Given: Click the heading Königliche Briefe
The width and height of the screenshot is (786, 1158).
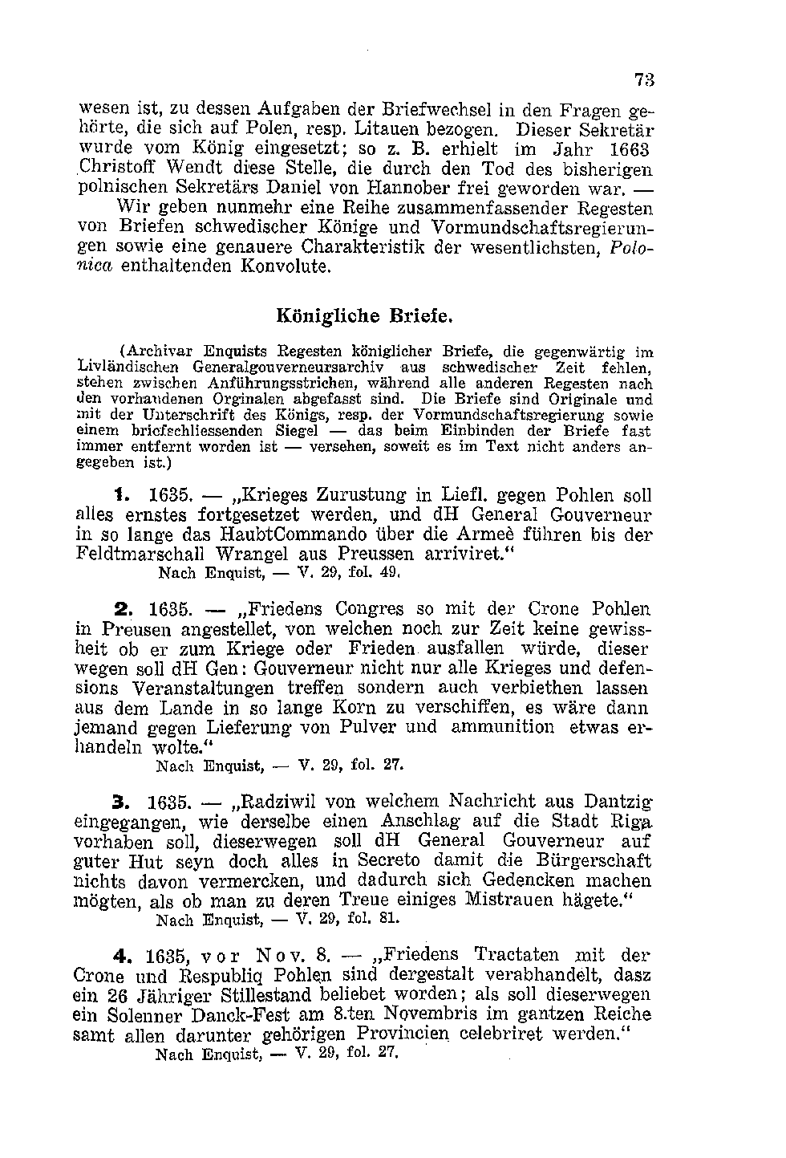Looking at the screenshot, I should pos(365,315).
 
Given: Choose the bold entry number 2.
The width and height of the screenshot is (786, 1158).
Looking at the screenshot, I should pos(120,609).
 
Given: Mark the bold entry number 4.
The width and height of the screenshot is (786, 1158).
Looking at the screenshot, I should pos(121,956).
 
